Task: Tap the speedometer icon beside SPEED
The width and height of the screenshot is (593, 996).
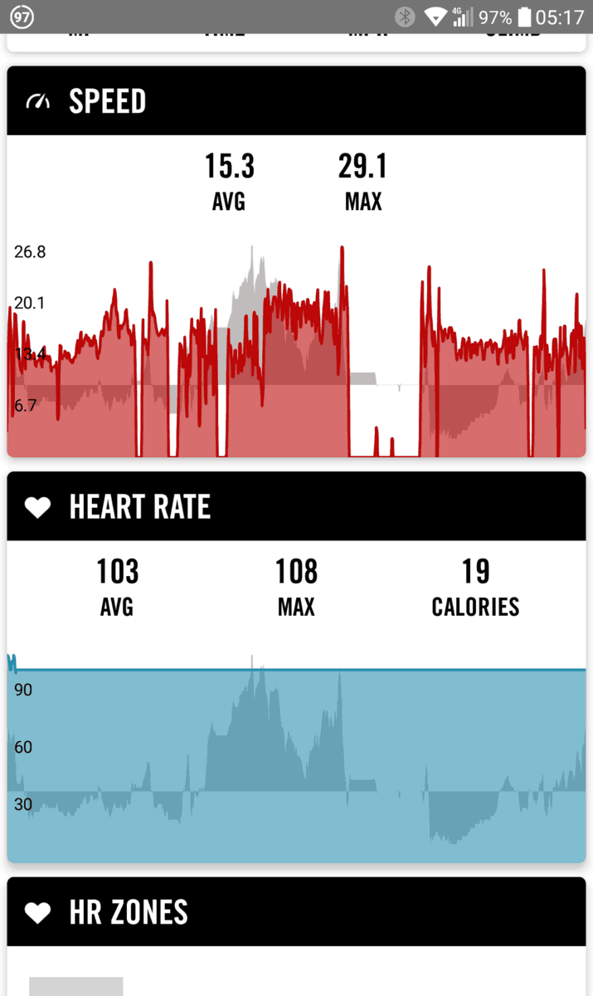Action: click(38, 101)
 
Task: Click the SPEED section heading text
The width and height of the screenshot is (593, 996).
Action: click(107, 101)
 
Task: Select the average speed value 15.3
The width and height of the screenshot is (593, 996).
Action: click(230, 166)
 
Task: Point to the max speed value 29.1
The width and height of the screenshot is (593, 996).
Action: click(362, 166)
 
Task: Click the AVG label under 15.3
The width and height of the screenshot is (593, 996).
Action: click(229, 202)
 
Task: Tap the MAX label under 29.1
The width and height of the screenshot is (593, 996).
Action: click(362, 202)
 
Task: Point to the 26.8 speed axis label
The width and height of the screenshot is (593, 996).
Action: click(30, 251)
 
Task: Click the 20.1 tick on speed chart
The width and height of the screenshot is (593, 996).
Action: click(30, 303)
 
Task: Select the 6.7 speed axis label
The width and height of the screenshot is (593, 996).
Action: click(26, 405)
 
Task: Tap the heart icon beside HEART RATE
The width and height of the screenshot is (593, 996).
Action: click(38, 507)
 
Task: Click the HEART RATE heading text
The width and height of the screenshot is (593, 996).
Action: click(139, 507)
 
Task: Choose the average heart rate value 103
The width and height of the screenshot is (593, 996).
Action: click(117, 572)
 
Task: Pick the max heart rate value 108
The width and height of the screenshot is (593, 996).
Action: click(296, 572)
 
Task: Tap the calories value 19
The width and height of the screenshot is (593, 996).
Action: click(475, 572)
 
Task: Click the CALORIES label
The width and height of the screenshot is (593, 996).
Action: click(475, 607)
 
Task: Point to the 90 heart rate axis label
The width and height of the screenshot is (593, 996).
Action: click(23, 690)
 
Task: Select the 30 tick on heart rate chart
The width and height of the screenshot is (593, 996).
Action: click(23, 804)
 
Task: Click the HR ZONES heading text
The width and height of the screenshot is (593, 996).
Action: click(129, 912)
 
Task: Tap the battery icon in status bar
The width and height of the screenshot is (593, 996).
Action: click(524, 17)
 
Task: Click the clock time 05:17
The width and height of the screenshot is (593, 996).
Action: click(560, 17)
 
